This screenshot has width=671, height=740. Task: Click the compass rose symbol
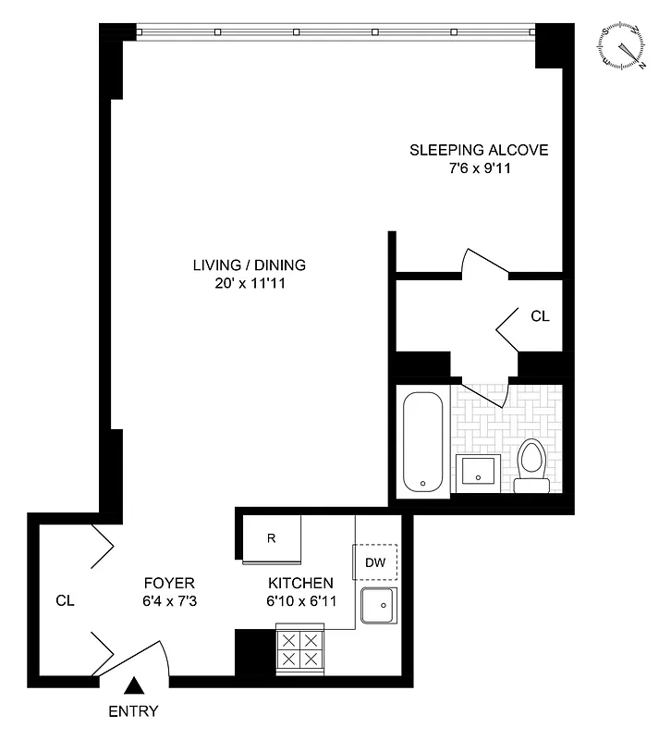(622, 46)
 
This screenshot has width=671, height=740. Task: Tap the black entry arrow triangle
(134, 686)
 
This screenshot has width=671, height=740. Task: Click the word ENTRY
(134, 711)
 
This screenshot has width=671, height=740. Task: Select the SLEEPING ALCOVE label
(479, 150)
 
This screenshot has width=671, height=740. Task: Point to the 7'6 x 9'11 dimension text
(479, 168)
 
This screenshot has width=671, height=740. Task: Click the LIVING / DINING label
(249, 265)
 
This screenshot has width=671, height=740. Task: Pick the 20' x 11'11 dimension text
(249, 283)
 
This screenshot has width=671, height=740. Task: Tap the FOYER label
(169, 583)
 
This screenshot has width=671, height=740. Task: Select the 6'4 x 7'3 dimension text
(169, 600)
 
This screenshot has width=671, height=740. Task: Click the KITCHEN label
(300, 583)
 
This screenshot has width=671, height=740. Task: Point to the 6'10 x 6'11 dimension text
(300, 600)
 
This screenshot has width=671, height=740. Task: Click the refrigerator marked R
(271, 537)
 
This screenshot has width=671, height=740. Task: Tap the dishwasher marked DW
(375, 561)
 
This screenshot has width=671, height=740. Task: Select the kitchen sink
(377, 607)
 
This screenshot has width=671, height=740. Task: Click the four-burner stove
(300, 648)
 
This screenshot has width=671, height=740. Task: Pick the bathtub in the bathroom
(424, 442)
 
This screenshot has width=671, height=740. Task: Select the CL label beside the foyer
(64, 600)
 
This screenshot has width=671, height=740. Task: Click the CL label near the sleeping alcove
(540, 315)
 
